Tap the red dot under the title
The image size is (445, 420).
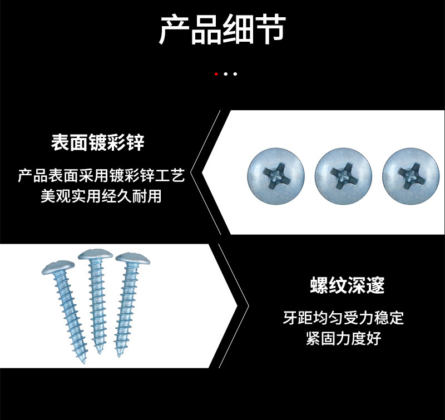click(x=216, y=73)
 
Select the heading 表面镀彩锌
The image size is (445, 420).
click(x=98, y=143)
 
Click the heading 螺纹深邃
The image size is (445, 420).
click(x=347, y=286)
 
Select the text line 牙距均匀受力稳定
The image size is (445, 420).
click(x=343, y=319)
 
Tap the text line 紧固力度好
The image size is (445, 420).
click(x=343, y=338)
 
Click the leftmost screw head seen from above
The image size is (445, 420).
click(x=276, y=176)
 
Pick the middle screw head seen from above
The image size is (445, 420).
click(x=343, y=176)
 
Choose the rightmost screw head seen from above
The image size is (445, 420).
click(x=412, y=176)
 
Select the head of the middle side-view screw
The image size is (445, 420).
click(x=95, y=255)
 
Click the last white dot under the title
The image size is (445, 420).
click(x=235, y=73)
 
